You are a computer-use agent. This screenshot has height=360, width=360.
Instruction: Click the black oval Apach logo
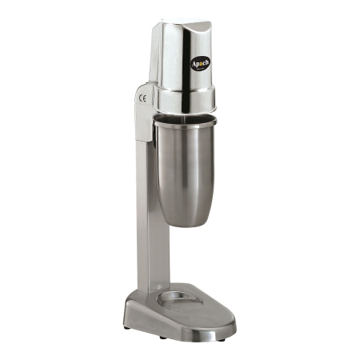[200, 63]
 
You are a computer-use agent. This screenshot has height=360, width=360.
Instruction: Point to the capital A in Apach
[194, 64]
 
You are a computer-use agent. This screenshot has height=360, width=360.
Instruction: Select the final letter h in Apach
[206, 62]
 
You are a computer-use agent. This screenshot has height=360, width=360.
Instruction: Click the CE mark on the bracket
[142, 98]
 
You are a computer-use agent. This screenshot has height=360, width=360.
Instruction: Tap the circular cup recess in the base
[179, 298]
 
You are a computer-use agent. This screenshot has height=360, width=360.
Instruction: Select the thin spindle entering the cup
[184, 117]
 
